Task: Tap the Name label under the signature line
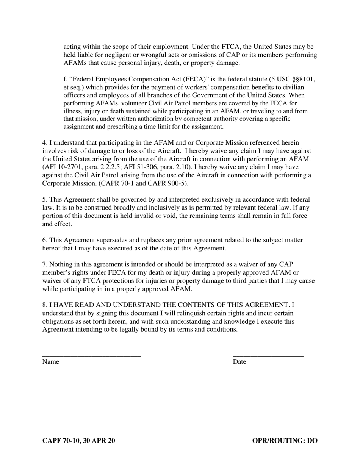51,362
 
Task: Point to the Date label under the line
239,362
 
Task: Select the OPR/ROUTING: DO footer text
285,441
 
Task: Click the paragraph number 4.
44,143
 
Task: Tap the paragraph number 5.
44,200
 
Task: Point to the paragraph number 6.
44,240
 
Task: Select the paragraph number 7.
44,264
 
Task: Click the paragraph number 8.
44,305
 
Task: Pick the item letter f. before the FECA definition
66,79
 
